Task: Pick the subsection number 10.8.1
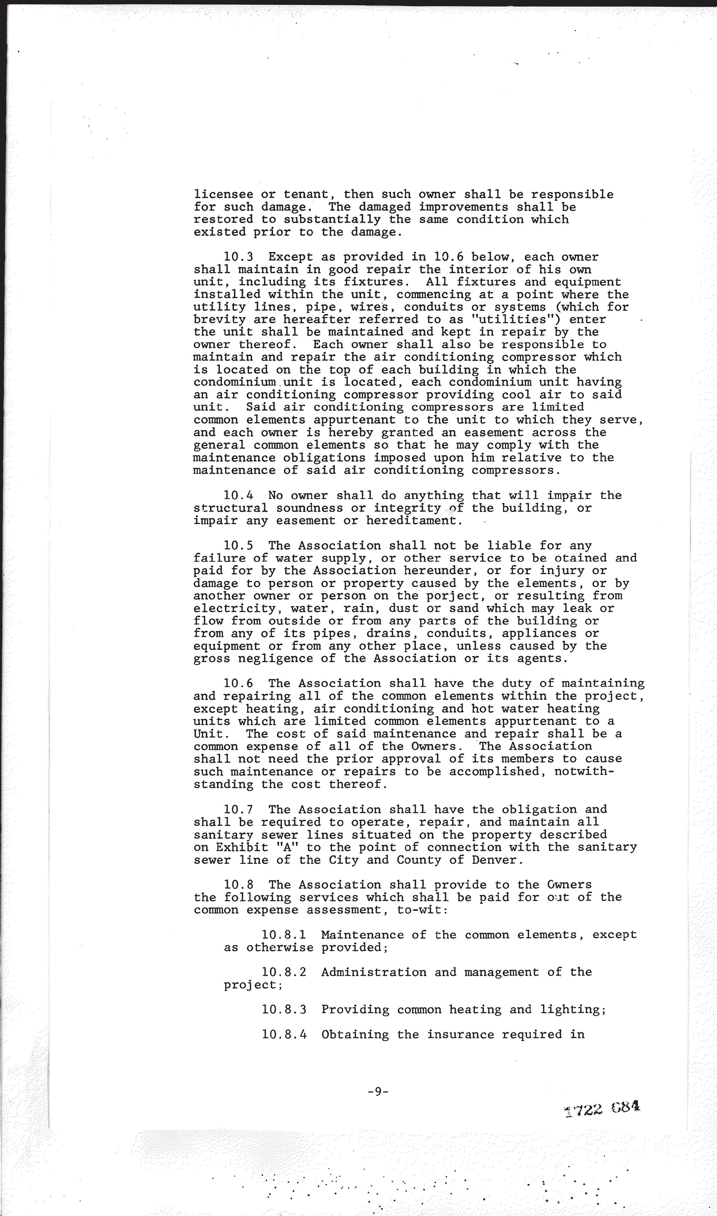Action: tap(284, 935)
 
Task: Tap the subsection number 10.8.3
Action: tap(284, 1010)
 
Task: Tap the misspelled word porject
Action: tap(457, 596)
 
